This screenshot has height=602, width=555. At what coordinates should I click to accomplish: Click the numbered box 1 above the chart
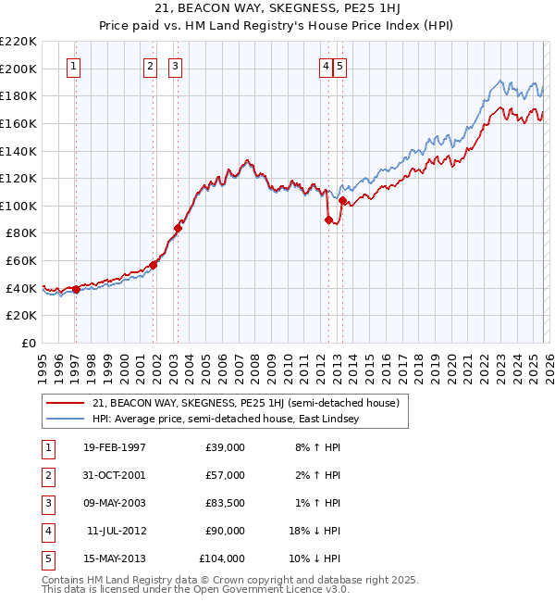(x=73, y=66)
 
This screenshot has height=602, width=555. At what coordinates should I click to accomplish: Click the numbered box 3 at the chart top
(x=176, y=66)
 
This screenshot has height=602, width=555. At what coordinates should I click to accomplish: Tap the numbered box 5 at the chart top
(x=341, y=66)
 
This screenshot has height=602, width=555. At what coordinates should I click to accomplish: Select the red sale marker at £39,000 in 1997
(x=76, y=289)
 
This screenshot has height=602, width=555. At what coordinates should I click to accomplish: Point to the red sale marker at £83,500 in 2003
(x=178, y=228)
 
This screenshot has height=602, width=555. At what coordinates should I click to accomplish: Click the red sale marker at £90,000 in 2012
(x=328, y=219)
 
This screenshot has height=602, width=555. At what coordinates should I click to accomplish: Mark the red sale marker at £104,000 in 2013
(x=342, y=200)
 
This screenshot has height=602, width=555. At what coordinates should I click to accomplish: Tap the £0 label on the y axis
(x=28, y=343)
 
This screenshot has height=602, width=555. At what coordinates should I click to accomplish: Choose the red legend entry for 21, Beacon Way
(x=245, y=403)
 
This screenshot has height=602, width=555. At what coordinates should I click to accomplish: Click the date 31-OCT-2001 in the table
(x=114, y=475)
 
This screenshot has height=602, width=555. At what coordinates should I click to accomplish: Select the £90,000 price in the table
(x=225, y=531)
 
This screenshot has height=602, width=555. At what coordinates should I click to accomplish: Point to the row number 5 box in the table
(x=45, y=558)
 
